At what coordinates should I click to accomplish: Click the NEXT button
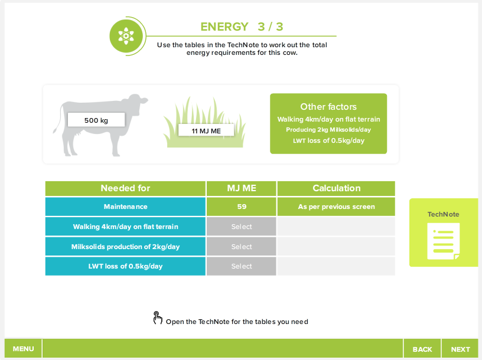click(x=460, y=349)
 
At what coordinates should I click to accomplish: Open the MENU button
click(x=23, y=349)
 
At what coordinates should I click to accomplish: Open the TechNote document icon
click(x=443, y=240)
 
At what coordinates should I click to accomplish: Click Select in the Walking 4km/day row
click(x=242, y=227)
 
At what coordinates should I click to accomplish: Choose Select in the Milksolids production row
click(x=242, y=247)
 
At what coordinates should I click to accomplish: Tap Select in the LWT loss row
click(x=242, y=266)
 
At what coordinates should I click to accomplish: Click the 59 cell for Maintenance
click(x=242, y=207)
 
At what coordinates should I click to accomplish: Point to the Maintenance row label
click(x=125, y=207)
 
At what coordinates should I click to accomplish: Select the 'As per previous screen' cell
click(x=336, y=207)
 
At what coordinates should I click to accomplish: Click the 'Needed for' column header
click(x=125, y=188)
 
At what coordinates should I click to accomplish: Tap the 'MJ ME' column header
click(x=242, y=188)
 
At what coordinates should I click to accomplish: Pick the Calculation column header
click(x=336, y=188)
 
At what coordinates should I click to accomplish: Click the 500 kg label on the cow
click(x=96, y=120)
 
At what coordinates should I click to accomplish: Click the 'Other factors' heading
click(x=328, y=107)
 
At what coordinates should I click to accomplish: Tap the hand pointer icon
click(x=158, y=319)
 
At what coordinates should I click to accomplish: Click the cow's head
click(x=138, y=104)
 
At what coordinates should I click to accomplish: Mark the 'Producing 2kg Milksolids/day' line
click(x=328, y=130)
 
